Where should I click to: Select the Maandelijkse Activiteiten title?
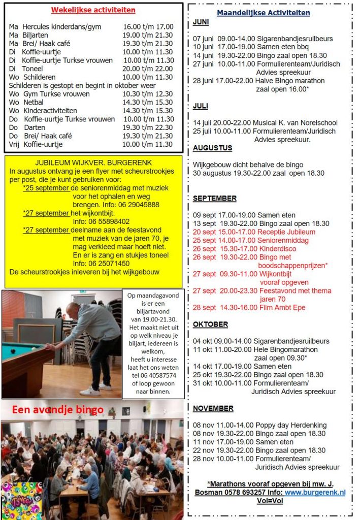point(263,13)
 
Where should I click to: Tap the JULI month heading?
point(201,106)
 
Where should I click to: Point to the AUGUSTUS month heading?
point(212,148)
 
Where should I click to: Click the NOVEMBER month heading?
point(213,408)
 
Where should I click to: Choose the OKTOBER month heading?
point(210,324)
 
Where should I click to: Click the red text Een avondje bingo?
point(57,410)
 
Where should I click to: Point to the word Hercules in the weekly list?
point(38,26)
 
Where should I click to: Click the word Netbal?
point(34,102)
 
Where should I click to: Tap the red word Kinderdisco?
point(279,249)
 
